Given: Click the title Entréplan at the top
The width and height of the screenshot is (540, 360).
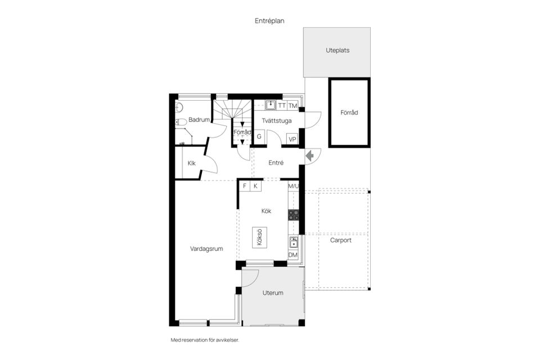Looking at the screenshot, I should click(269, 21).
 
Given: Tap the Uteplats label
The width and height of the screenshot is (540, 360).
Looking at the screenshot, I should click(337, 50).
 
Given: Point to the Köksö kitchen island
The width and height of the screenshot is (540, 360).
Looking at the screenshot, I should click(259, 236).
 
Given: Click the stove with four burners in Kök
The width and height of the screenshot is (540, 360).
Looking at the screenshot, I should click(293, 214).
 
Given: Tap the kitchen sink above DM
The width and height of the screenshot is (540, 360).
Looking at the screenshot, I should click(293, 242).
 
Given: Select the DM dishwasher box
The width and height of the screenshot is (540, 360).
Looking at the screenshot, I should click(292, 255).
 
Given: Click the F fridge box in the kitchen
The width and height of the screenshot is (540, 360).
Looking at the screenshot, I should click(244, 186).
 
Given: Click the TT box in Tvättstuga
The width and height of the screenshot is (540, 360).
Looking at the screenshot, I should click(281, 105).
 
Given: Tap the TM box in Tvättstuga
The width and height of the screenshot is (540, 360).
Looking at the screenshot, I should click(292, 105).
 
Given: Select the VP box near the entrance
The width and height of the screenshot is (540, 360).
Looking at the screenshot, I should click(292, 139).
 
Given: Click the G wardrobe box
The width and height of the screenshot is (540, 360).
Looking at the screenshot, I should click(259, 137).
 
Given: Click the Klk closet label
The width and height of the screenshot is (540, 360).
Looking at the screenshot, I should click(191, 164).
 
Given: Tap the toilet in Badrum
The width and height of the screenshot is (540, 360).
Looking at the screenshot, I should click(181, 122).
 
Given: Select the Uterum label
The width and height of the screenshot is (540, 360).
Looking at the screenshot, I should click(273, 292).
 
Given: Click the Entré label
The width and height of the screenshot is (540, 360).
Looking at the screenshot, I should click(276, 163).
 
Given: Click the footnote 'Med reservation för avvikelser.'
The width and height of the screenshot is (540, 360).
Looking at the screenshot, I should click(201, 340).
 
